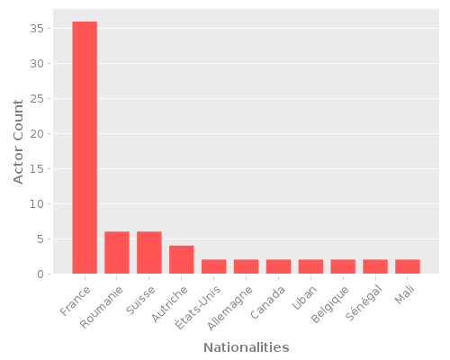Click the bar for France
click(85, 148)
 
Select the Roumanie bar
click(117, 253)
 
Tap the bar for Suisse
click(149, 253)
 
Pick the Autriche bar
click(182, 260)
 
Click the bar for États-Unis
click(214, 266)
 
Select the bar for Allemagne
click(247, 266)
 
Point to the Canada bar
click(278, 266)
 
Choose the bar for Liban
click(310, 266)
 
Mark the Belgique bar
click(343, 266)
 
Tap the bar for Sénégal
click(375, 266)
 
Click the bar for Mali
click(408, 266)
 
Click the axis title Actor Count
click(19, 142)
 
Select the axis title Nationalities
click(246, 347)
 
